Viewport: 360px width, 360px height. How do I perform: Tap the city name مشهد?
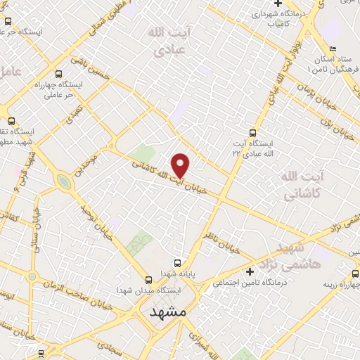point(171,313)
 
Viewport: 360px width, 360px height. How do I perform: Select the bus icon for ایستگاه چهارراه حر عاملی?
point(58,72)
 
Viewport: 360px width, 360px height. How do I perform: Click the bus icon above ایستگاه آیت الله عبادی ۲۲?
point(253,132)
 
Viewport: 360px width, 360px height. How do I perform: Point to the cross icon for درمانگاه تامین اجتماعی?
point(249,272)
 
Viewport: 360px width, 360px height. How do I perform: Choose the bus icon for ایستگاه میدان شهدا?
point(148,279)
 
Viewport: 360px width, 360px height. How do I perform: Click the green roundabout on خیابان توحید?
point(64,183)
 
